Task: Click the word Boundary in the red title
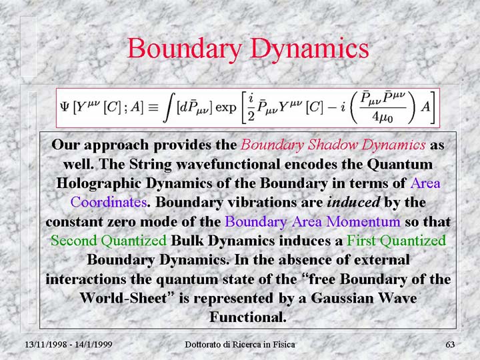(x=185, y=49)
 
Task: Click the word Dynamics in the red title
(x=309, y=49)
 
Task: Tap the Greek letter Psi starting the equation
(x=65, y=107)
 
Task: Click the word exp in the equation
(x=226, y=109)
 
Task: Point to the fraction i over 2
(x=251, y=108)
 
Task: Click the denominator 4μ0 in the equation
(x=383, y=117)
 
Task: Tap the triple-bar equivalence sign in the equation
(x=153, y=108)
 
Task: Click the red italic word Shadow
(x=333, y=145)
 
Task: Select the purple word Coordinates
(x=109, y=203)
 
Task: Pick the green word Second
(x=74, y=241)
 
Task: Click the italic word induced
(x=353, y=203)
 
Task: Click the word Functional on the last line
(x=248, y=317)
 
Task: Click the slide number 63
(x=450, y=345)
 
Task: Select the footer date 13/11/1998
(x=45, y=345)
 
